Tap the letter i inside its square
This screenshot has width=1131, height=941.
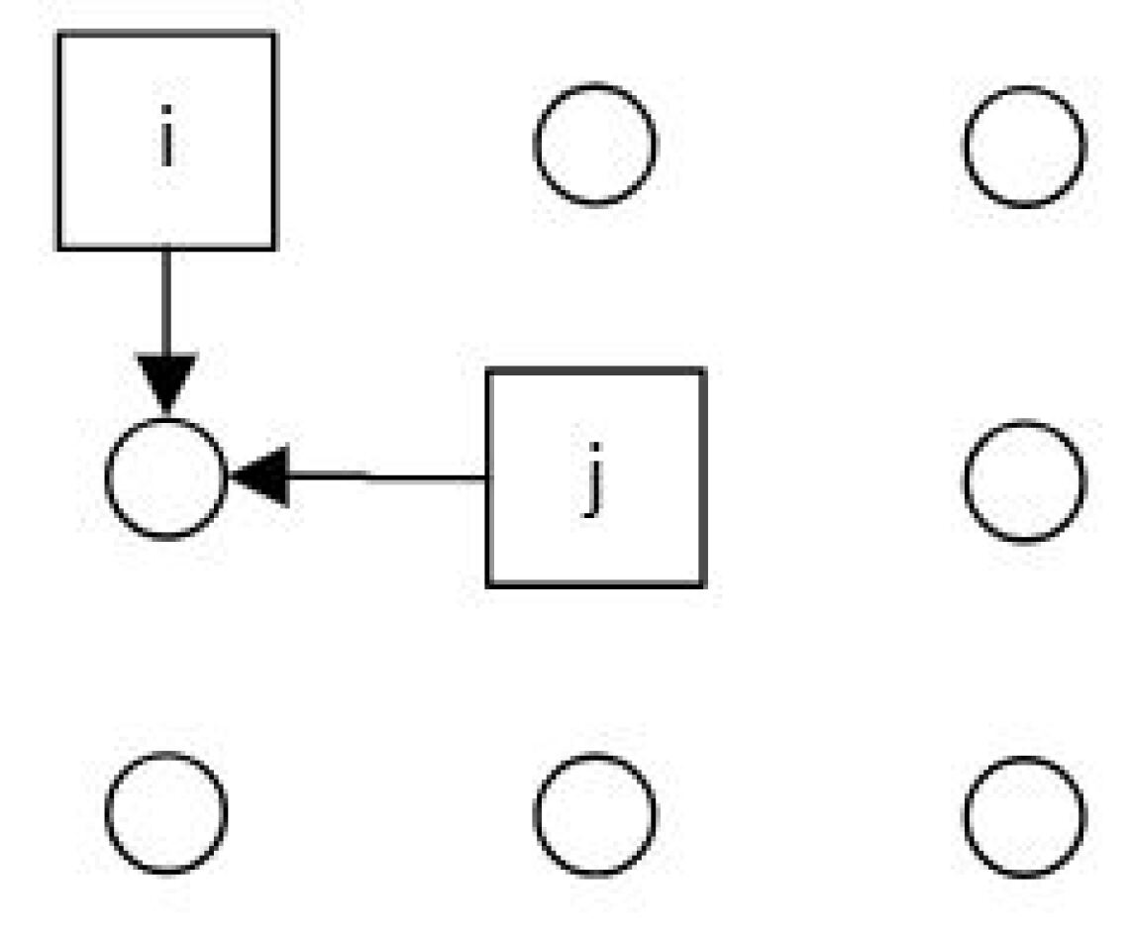click(166, 144)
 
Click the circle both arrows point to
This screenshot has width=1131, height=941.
click(166, 478)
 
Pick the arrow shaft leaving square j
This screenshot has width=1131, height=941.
click(386, 476)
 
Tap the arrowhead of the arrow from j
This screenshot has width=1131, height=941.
click(259, 476)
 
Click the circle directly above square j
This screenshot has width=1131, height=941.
click(594, 145)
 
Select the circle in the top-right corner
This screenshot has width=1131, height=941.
click(1024, 147)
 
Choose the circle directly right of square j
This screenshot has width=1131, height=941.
click(1024, 480)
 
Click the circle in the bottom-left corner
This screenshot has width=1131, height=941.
click(166, 813)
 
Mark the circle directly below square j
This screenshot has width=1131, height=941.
click(594, 814)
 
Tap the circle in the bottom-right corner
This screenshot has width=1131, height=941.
click(1024, 816)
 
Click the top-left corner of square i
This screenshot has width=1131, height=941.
click(59, 34)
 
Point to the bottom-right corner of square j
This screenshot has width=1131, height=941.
click(704, 584)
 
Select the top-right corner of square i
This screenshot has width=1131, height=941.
click(273, 34)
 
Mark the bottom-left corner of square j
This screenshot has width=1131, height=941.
click(487, 584)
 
